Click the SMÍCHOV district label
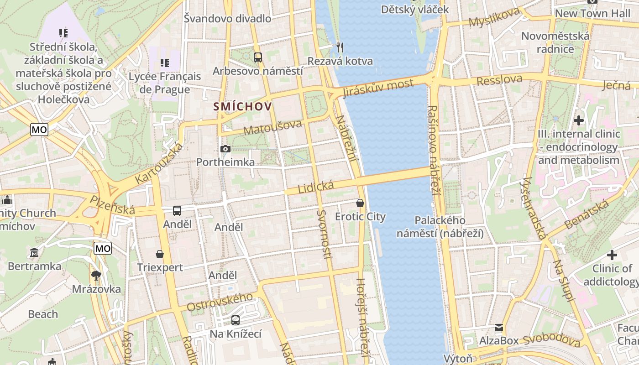coord(243,107)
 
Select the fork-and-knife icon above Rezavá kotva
coord(340,47)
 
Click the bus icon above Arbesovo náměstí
coord(258,57)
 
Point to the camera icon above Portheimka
coord(225,149)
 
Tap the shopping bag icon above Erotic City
coord(360,203)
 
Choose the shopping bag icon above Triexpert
coord(160,254)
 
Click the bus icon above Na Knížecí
coord(236,320)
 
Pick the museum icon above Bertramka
coord(34,252)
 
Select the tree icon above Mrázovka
coord(96,275)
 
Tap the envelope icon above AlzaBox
coord(499,328)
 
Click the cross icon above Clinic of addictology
coord(612,255)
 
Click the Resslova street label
coord(499,80)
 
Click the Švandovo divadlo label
coord(227,19)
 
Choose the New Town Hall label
coord(592,14)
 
